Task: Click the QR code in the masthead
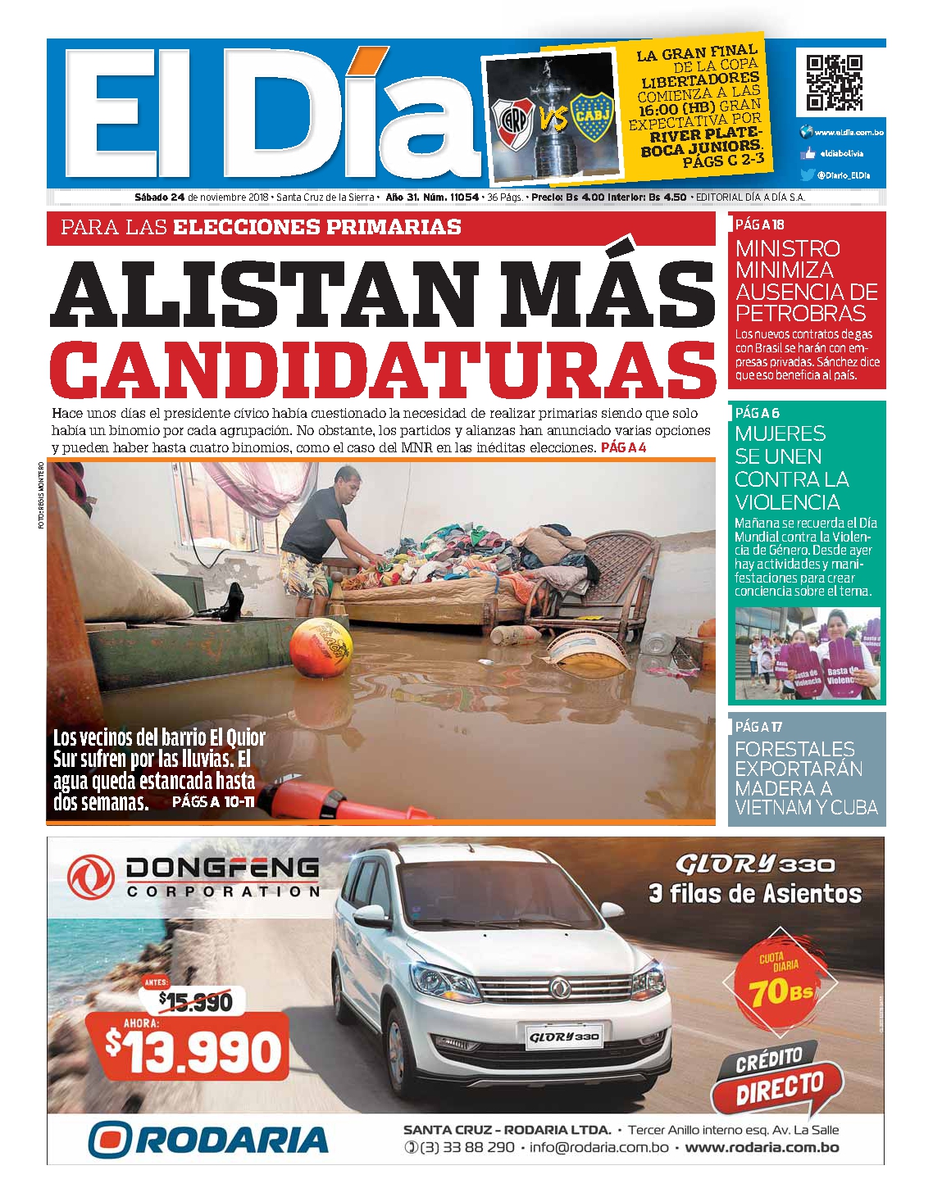834,82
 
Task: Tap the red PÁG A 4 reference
623,447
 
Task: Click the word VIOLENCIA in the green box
786,501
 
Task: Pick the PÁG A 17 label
758,726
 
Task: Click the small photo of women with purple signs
807,653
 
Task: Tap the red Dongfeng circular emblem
90,876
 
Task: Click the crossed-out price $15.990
195,1000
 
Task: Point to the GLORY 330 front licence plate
564,1036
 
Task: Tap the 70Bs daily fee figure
780,991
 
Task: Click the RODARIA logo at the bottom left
208,1140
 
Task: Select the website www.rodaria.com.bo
762,1147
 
